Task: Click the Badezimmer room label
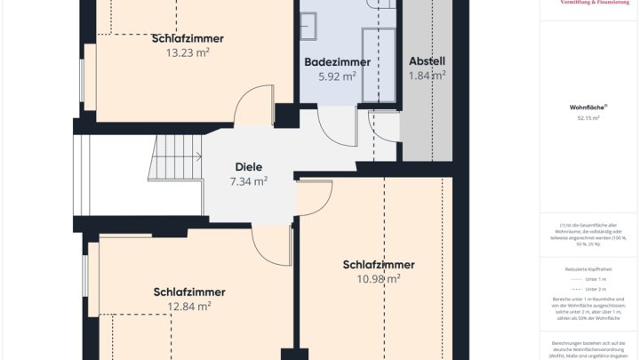point(337,62)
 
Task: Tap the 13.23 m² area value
point(187,52)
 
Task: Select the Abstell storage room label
point(427,61)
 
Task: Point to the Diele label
point(249,166)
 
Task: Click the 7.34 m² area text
point(249,180)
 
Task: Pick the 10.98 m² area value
point(378,278)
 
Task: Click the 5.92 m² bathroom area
point(337,76)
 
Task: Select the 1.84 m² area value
point(427,76)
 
